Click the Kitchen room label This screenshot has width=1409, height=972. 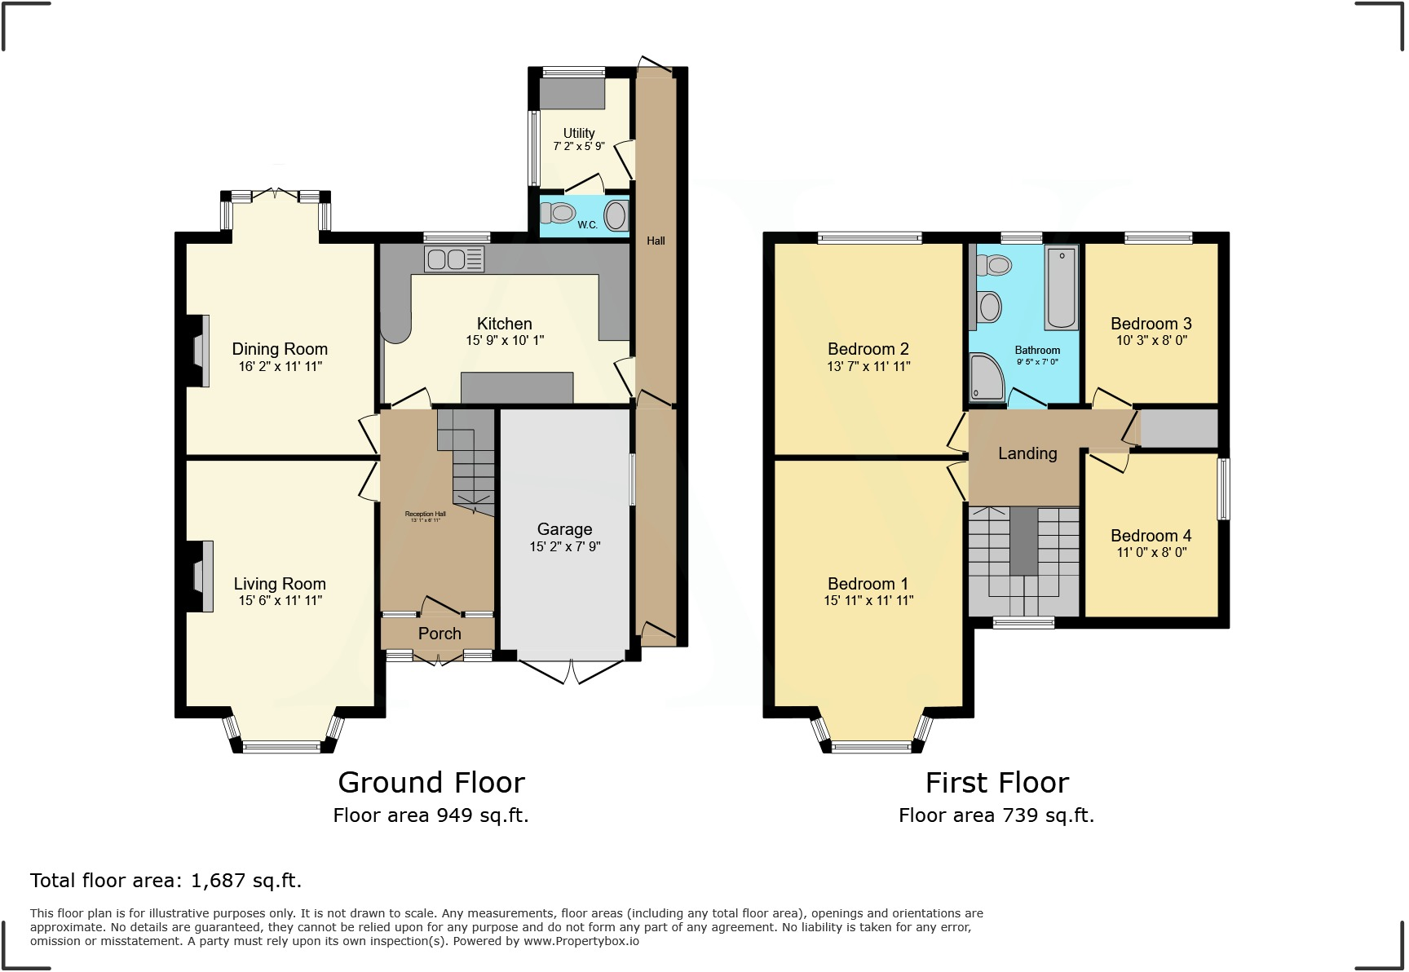(504, 324)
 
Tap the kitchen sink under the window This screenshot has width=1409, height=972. (453, 259)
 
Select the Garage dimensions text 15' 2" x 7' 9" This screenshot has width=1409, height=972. (564, 546)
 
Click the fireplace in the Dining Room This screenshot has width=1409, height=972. (199, 351)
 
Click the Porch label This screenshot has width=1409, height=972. (439, 634)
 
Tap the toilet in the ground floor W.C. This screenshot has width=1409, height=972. (559, 214)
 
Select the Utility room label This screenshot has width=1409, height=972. (579, 133)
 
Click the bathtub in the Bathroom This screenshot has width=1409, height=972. (1062, 287)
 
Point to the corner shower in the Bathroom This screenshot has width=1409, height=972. (986, 378)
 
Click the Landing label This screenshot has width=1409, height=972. (1027, 453)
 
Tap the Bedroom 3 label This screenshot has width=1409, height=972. (1151, 324)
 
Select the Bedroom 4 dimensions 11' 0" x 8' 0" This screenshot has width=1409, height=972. (1151, 552)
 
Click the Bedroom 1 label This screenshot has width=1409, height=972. (868, 584)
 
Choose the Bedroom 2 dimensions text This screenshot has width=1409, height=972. (868, 367)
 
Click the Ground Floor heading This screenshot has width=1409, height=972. (431, 783)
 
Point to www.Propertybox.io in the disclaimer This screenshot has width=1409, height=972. (581, 941)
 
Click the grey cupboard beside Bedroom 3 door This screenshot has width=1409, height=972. (1178, 428)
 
